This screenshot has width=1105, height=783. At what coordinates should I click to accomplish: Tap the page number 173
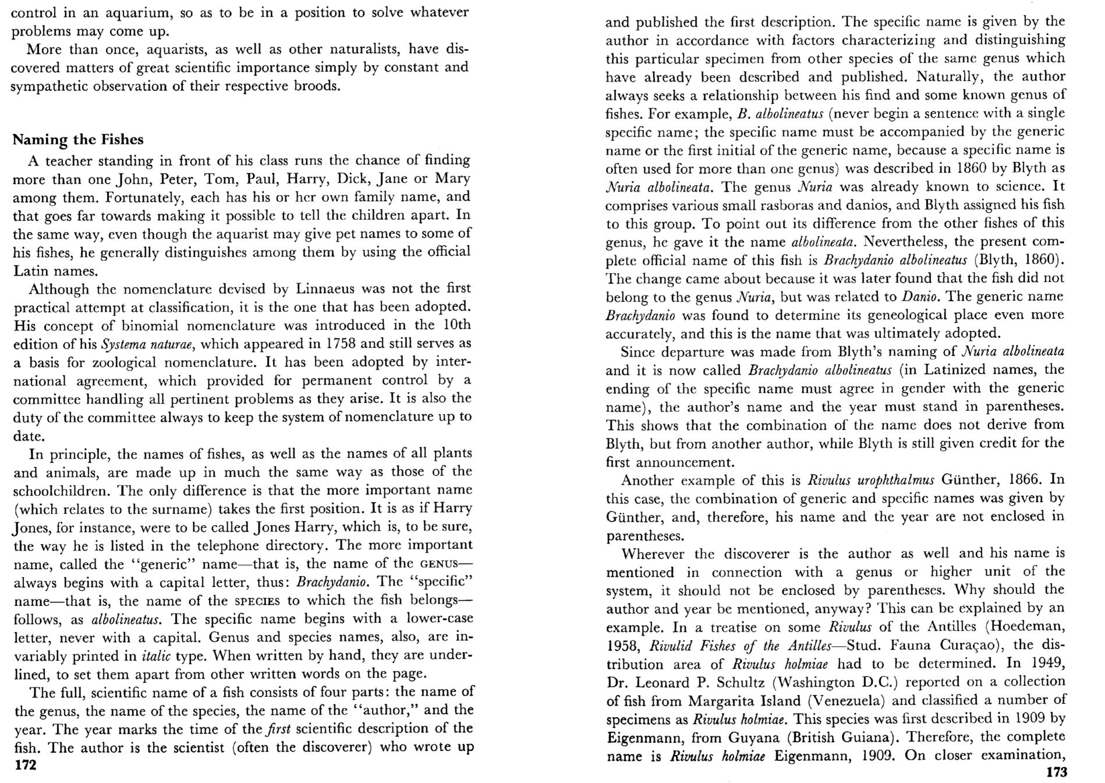pyautogui.click(x=1057, y=772)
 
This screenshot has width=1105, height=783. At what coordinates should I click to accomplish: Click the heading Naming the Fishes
pyautogui.click(x=78, y=140)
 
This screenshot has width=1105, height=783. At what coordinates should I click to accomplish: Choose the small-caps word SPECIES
pyautogui.click(x=257, y=601)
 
